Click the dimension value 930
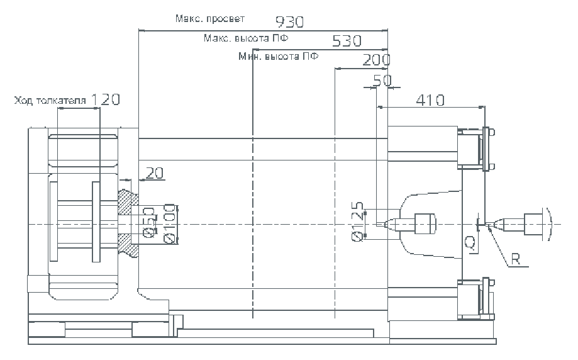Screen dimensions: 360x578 click(289, 22)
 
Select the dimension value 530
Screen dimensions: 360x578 click(347, 41)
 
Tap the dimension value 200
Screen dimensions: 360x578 click(376, 60)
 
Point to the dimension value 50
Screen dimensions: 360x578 click(382, 80)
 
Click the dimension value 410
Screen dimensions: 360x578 click(430, 100)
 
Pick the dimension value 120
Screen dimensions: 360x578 click(105, 99)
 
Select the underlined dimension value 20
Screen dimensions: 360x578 click(154, 172)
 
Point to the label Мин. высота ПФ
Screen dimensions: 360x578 click(278, 56)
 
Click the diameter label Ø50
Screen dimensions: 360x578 click(149, 225)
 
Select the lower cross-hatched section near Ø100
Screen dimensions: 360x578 click(130, 245)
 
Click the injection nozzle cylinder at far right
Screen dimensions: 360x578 click(533, 223)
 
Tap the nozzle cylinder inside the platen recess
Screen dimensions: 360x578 click(425, 223)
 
